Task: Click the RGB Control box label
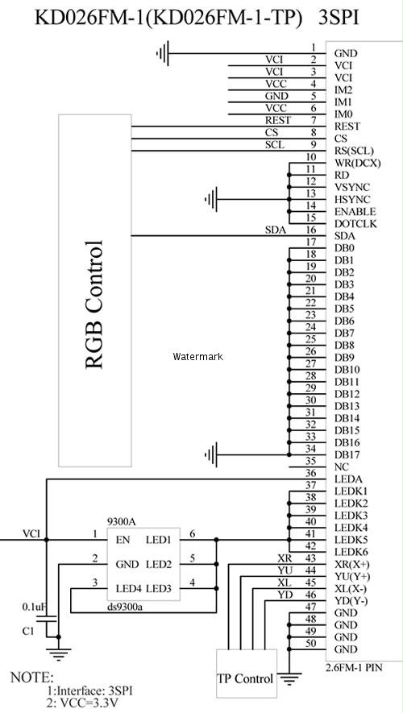(94, 304)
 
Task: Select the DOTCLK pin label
(355, 224)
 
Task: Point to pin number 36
(311, 474)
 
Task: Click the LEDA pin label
(348, 479)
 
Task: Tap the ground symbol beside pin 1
(162, 53)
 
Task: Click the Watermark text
(197, 356)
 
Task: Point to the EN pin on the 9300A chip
(123, 540)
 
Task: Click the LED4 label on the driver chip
(129, 588)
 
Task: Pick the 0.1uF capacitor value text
(35, 607)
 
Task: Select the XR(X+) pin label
(352, 565)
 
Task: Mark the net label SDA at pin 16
(276, 230)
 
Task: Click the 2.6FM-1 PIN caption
(355, 668)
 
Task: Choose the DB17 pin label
(347, 454)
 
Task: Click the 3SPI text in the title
(339, 18)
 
